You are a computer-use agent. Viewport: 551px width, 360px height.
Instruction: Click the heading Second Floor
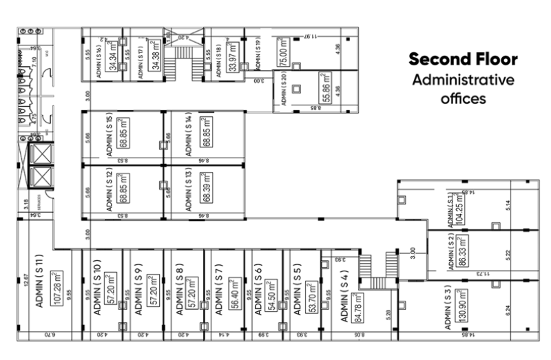coord(462,59)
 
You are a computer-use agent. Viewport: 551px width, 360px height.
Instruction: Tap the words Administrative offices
coord(463,89)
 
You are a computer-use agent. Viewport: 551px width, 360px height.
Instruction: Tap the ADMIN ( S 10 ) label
coord(97,289)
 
